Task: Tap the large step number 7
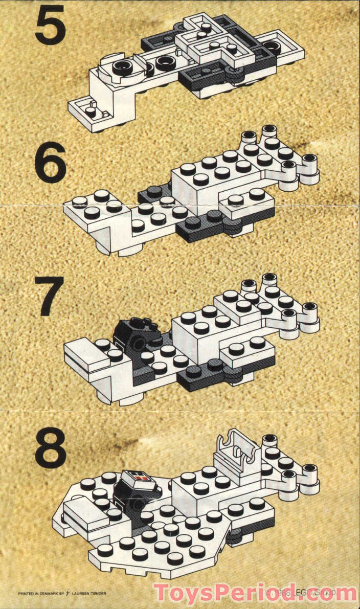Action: click(50, 296)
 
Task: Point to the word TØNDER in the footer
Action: click(99, 594)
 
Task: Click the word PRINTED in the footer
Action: click(26, 594)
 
